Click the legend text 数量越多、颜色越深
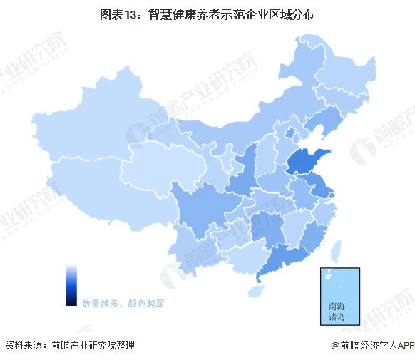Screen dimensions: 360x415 pyautogui.click(x=123, y=304)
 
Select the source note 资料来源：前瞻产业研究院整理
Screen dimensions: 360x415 pyautogui.click(x=69, y=345)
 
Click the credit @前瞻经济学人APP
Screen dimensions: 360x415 pyautogui.click(x=372, y=345)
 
